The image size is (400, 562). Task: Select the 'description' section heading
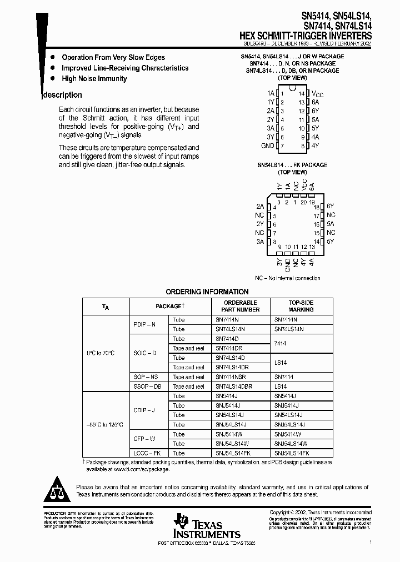[x=63, y=95]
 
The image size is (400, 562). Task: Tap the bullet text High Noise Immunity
[x=94, y=79]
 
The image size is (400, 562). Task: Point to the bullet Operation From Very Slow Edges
[x=113, y=57]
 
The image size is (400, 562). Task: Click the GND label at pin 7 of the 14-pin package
[x=267, y=145]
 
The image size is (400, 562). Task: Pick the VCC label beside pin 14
[x=317, y=94]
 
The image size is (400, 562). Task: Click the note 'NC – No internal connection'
[x=287, y=278]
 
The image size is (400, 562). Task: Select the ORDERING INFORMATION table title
[x=207, y=292]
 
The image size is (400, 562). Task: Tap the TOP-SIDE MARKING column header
[x=301, y=306]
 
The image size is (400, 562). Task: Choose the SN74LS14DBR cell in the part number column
[x=233, y=386]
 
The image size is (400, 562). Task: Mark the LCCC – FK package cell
[x=146, y=453]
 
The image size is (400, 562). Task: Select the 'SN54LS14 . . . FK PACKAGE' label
[x=292, y=165]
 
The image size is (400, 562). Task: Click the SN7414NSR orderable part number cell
[x=232, y=377]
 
